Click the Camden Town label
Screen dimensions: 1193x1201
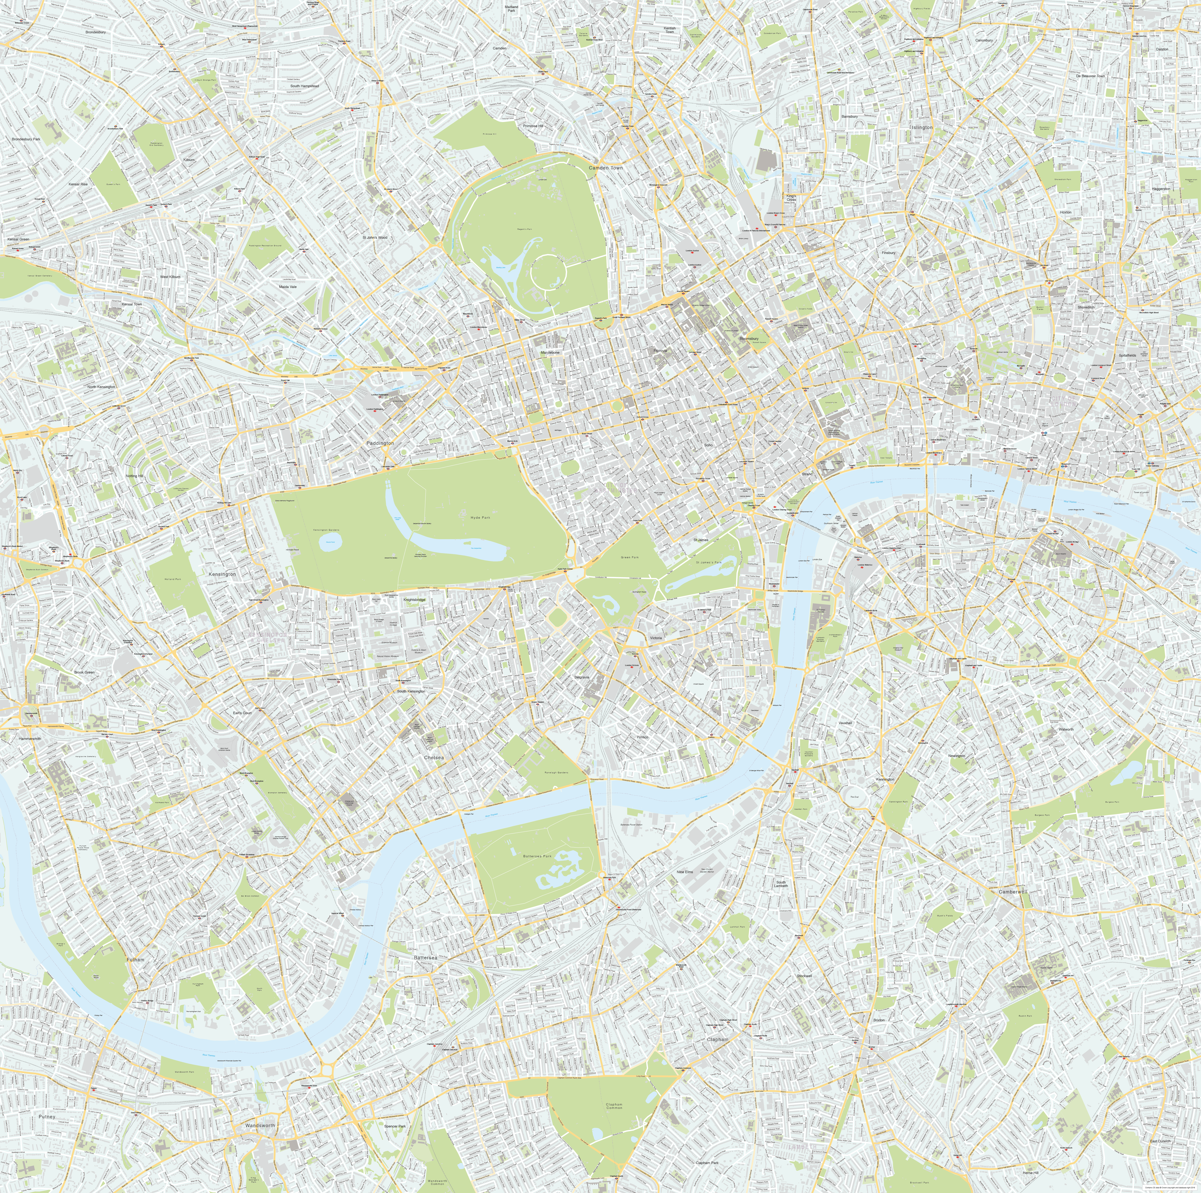tap(605, 168)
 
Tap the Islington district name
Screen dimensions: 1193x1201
tap(922, 127)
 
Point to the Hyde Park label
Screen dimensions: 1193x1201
tap(480, 517)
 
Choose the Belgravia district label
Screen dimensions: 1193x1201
tap(582, 677)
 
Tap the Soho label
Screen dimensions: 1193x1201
tap(708, 445)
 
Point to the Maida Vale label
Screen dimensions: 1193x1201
tap(288, 287)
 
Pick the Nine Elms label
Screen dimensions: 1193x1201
tap(684, 872)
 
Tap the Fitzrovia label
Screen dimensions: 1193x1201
tap(660, 351)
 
